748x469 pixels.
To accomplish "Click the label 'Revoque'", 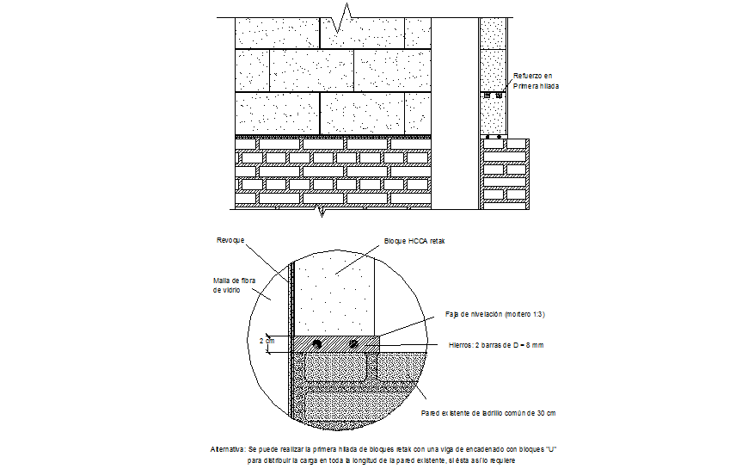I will coord(230,239).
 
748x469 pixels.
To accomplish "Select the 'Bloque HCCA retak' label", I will coord(414,242).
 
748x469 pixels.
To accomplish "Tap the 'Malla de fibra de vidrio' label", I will coord(234,286).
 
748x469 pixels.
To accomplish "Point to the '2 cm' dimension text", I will coord(267,341).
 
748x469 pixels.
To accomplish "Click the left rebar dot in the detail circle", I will coord(316,344).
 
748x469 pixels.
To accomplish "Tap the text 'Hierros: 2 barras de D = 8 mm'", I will coord(497,345).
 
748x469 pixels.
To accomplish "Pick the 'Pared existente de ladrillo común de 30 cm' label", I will coord(487,414).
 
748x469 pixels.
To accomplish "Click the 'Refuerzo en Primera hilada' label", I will coord(536,81).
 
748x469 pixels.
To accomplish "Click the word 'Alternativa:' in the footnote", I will coord(228,449).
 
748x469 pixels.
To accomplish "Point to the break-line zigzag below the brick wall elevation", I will coord(321,209).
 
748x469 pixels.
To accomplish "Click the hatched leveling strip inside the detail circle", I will coord(335,343).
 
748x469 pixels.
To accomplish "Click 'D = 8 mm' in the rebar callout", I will coord(526,345).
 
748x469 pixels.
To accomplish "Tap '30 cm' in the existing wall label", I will coord(545,414).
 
